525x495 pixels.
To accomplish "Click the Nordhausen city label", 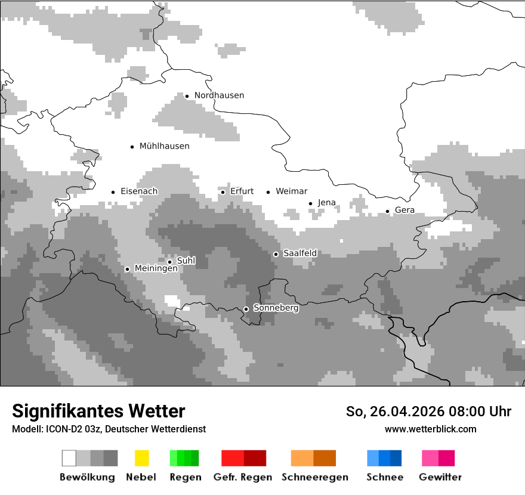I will click(x=219, y=95).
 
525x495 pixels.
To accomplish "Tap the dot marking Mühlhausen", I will click(x=132, y=146).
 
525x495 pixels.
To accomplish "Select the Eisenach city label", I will click(x=139, y=191).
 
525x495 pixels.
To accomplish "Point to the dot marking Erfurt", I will click(x=223, y=192).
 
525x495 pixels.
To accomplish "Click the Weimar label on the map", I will click(x=292, y=191).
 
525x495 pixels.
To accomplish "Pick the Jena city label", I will click(x=327, y=203).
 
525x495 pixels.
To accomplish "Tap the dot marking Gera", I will click(x=387, y=211).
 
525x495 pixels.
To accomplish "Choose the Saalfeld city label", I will click(x=300, y=253).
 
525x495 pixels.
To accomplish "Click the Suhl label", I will click(x=186, y=261).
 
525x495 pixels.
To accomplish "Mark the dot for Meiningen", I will click(x=127, y=269).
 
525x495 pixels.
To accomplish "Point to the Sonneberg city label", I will click(x=276, y=308).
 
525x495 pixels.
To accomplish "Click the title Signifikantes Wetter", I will click(x=98, y=412).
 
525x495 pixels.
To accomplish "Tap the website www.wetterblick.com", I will click(x=430, y=429).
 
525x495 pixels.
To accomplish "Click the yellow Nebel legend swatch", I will click(x=141, y=458).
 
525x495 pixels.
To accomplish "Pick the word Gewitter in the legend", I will click(x=440, y=477).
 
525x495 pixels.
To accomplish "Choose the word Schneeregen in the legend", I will click(x=315, y=477).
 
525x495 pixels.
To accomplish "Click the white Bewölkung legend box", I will click(x=69, y=458).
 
